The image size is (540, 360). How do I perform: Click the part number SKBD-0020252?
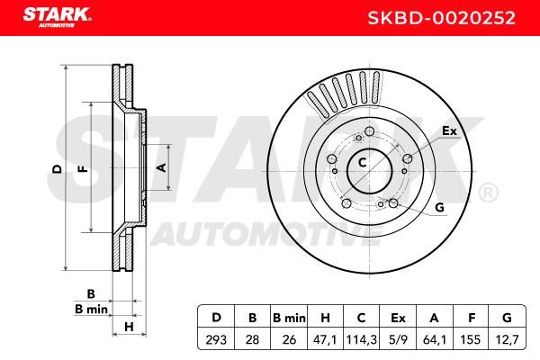(x=441, y=18)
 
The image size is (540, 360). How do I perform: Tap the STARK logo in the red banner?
(x=57, y=17)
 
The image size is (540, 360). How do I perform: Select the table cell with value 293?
(x=216, y=339)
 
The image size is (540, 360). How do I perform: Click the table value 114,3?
(x=361, y=339)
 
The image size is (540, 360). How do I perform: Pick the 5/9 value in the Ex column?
(x=398, y=339)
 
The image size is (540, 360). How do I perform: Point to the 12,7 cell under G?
(x=508, y=339)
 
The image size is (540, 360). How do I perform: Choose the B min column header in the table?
(x=289, y=318)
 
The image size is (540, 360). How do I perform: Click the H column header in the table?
(x=325, y=318)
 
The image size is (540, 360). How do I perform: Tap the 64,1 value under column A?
(x=435, y=339)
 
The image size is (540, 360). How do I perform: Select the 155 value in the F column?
(x=471, y=339)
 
